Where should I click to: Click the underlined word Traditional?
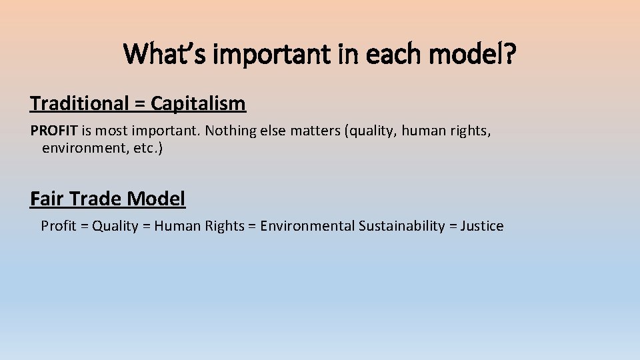[79, 104]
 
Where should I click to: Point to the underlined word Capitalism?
[198, 104]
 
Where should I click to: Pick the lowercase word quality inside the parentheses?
[370, 131]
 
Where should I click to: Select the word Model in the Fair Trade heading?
[156, 199]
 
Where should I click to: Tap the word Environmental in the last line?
[307, 226]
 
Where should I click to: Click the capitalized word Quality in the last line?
[115, 226]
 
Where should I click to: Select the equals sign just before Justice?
[453, 227]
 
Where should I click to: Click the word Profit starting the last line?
[59, 226]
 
